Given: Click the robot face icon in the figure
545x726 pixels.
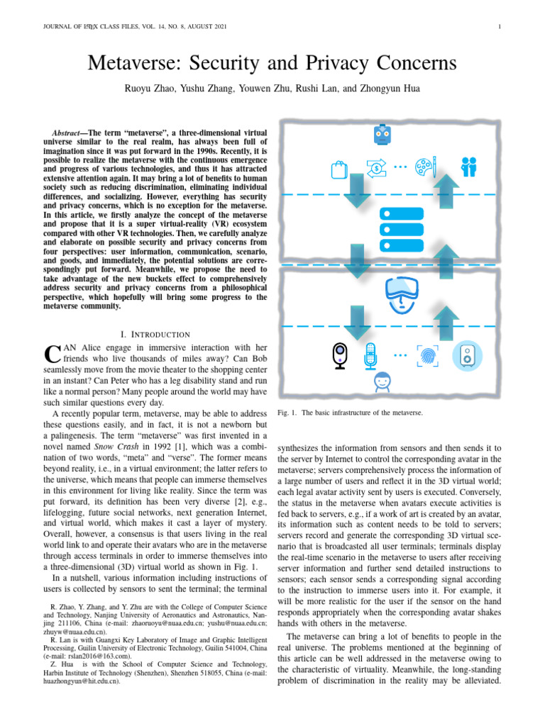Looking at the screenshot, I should (384, 135).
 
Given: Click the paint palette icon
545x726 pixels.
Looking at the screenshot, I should (425, 168).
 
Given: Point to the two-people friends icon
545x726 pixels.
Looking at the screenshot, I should (468, 167).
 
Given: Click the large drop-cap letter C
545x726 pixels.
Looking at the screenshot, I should (51, 356).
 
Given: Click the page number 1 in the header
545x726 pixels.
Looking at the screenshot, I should (500, 27).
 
